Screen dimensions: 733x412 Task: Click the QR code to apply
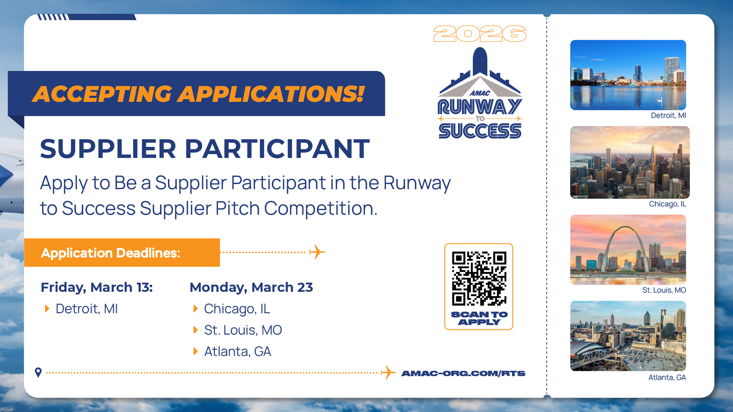click(479, 278)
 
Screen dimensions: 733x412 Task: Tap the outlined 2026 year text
click(480, 34)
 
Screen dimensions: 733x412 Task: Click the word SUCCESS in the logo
click(480, 131)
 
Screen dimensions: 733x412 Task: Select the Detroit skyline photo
click(628, 75)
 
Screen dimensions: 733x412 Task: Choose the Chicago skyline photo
click(630, 163)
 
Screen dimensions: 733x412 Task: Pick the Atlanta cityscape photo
click(628, 336)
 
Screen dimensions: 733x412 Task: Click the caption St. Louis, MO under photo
click(664, 290)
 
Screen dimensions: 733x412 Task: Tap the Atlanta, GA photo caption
click(667, 377)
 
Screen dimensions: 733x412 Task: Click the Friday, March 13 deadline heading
click(97, 287)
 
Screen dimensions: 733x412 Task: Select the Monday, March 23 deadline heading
click(251, 287)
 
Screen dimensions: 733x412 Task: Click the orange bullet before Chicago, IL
click(195, 309)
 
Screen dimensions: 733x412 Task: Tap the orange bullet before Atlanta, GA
click(195, 351)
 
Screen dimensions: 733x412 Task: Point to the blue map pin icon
click(38, 372)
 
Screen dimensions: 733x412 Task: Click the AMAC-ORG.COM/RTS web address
click(463, 373)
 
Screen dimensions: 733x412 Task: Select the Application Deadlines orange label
click(122, 253)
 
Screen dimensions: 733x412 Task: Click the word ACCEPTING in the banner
click(102, 94)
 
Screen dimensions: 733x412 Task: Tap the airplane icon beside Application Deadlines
click(317, 252)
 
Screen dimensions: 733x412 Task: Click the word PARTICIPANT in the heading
click(277, 148)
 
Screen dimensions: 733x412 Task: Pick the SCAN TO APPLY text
click(479, 318)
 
